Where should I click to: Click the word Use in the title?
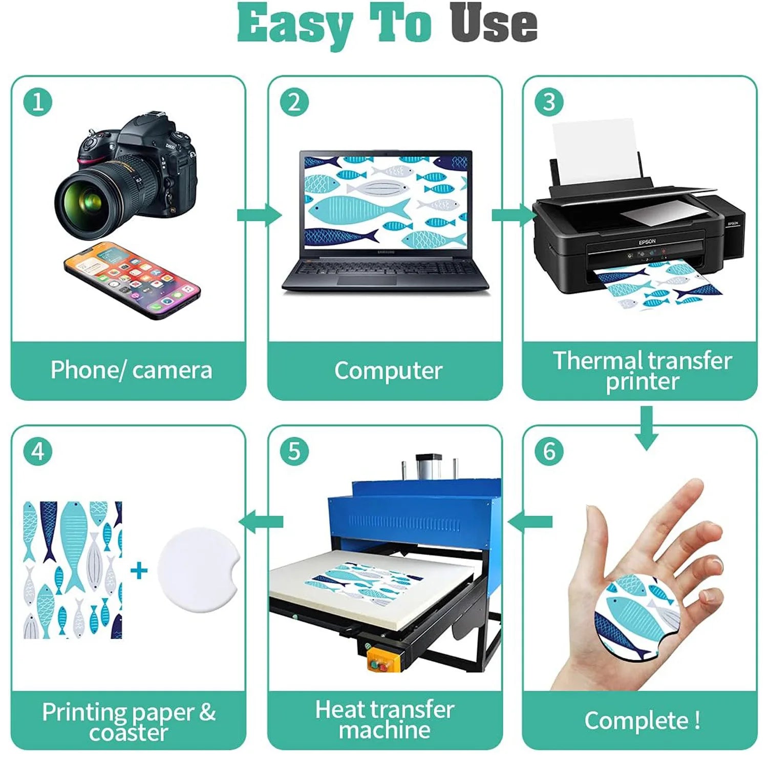click(x=494, y=23)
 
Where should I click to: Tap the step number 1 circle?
click(x=38, y=101)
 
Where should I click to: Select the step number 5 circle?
click(x=294, y=451)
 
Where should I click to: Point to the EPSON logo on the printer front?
click(x=647, y=242)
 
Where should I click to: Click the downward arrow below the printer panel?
click(x=647, y=428)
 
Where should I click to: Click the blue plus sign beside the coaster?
click(x=139, y=570)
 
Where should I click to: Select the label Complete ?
click(x=642, y=720)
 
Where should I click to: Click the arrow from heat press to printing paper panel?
click(x=261, y=522)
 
